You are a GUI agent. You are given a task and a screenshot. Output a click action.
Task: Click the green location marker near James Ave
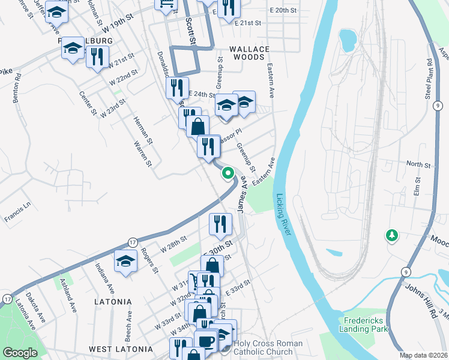pos(228,173)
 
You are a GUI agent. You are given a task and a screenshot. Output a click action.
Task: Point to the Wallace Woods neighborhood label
pos(247,53)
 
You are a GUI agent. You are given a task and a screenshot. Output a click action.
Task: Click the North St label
pos(418,164)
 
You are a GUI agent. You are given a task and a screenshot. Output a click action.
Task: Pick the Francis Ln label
pos(19,211)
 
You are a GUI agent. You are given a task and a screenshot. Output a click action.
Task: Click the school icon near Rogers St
pos(126,262)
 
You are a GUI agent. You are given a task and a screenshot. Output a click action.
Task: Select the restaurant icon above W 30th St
pos(220,224)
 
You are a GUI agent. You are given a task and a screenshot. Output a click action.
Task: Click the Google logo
pos(20,353)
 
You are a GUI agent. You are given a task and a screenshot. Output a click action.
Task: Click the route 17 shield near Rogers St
pos(131,242)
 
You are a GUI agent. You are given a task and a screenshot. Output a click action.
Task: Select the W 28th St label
pos(174,245)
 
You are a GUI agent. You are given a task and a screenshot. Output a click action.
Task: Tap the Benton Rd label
pos(17,88)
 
